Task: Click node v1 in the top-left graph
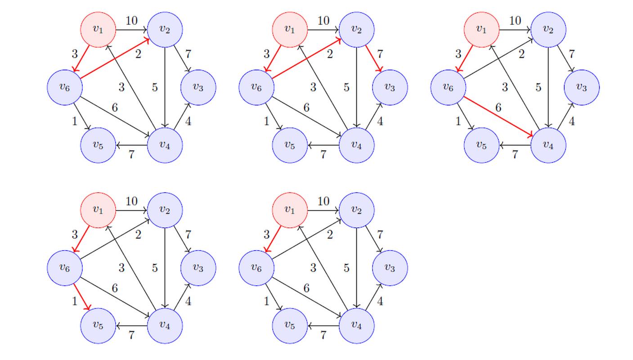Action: click(x=98, y=29)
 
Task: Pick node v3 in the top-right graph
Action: click(x=582, y=87)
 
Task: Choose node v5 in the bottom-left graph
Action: click(x=98, y=325)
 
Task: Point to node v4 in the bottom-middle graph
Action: click(x=356, y=325)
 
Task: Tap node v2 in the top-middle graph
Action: click(x=356, y=29)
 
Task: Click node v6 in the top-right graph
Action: click(x=448, y=87)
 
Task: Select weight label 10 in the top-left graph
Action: click(x=131, y=21)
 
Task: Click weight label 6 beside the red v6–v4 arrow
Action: click(x=498, y=108)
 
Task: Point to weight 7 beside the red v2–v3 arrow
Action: click(x=380, y=54)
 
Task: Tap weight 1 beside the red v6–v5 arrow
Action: click(x=75, y=301)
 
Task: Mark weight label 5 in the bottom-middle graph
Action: click(x=346, y=268)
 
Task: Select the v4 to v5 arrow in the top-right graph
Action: click(x=515, y=145)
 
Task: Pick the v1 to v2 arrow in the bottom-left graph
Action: click(x=131, y=210)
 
